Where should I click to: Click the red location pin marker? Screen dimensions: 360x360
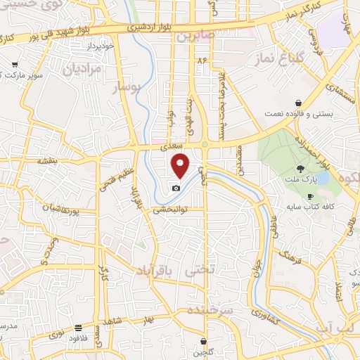click(181, 165)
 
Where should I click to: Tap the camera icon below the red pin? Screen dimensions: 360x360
click(176, 187)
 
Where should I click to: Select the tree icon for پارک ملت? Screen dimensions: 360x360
click(302, 169)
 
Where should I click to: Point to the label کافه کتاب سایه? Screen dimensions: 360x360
click(309, 207)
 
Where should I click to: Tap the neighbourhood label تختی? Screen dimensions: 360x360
click(197, 269)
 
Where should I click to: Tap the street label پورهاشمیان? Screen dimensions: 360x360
click(58, 210)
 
